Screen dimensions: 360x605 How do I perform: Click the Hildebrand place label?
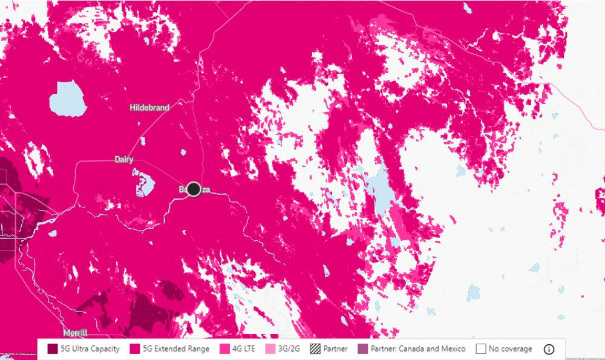coord(149,108)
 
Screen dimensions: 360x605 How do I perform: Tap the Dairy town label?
coord(124,160)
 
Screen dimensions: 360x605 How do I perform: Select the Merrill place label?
coord(75,333)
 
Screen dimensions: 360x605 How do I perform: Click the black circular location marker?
coord(194,189)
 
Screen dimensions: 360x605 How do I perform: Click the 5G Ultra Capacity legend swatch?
coord(53,349)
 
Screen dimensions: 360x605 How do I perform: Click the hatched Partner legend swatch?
coord(315,349)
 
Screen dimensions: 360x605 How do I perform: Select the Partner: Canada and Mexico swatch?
coord(362,349)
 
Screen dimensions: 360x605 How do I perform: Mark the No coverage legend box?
coord(481,349)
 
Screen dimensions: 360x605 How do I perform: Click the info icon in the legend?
coord(549,349)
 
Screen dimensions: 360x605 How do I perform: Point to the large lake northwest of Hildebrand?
coord(67,98)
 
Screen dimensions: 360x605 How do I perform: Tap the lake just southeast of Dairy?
coord(144,182)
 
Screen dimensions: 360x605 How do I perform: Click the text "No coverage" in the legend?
coord(510,349)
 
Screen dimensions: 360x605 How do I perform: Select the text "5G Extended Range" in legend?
coord(177,349)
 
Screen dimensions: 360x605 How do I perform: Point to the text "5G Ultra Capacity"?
coord(90,349)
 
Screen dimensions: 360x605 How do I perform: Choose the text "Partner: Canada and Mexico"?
coord(419,349)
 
